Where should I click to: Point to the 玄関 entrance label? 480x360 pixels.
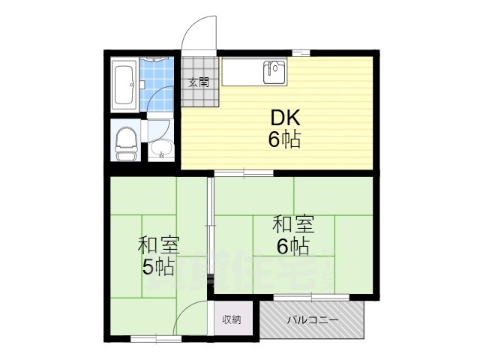(x=199, y=82)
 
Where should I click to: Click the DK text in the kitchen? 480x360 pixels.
(x=285, y=118)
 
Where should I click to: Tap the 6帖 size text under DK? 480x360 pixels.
(x=285, y=139)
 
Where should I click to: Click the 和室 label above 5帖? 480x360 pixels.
(x=158, y=244)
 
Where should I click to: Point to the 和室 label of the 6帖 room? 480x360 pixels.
(x=292, y=223)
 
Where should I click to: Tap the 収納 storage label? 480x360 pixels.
(x=232, y=319)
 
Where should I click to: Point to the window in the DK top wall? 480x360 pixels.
(x=301, y=52)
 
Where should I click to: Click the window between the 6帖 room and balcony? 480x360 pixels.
(x=311, y=298)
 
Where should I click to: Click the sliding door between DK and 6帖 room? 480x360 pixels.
(x=243, y=173)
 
